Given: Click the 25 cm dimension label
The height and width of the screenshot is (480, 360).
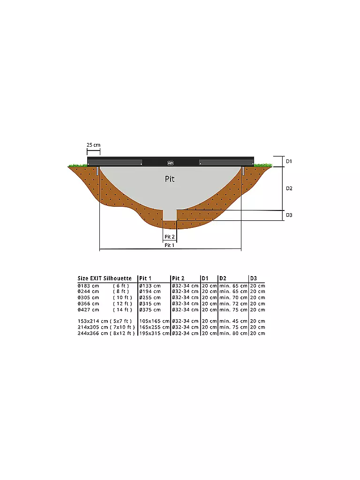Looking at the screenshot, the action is (93, 145).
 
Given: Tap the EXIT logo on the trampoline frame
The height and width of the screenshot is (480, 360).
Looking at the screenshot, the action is (171, 163).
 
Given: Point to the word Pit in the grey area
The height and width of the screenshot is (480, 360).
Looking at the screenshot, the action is (170, 179).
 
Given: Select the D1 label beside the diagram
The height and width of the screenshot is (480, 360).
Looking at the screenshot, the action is (289, 161).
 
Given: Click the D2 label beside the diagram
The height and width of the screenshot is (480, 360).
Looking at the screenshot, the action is (289, 188).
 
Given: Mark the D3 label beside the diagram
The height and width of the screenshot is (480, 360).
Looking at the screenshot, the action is (289, 215).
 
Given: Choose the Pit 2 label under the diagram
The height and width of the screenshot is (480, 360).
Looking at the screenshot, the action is (170, 237).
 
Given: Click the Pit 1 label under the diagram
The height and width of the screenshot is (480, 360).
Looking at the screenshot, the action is (169, 245).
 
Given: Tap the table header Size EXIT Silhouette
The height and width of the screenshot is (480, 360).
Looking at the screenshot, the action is (105, 278).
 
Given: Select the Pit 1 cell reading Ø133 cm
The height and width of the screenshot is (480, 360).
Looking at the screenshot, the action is (150, 286).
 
